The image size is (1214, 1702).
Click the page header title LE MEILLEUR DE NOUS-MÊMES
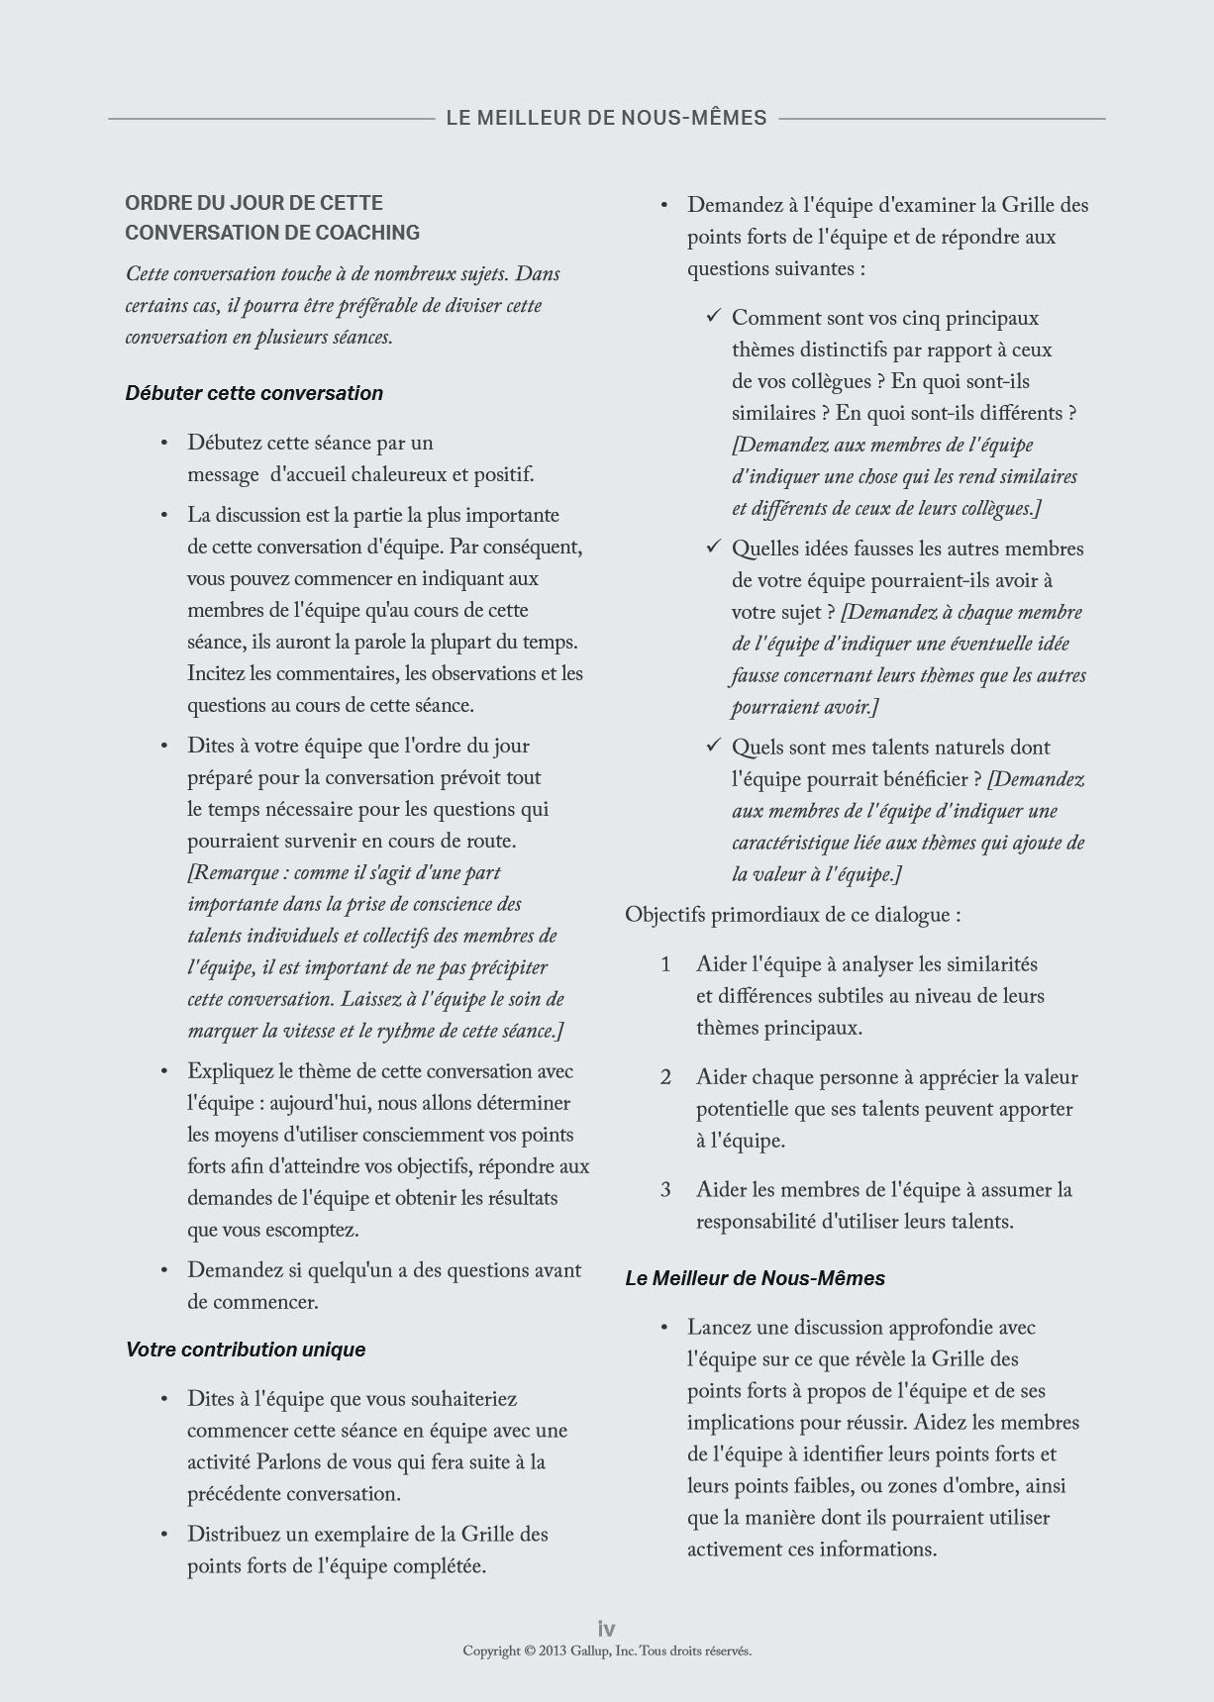pos(606,118)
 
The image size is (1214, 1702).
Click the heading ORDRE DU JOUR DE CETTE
pos(253,203)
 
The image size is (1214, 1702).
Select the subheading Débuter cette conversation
pos(253,393)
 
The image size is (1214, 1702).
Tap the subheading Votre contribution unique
pos(246,1350)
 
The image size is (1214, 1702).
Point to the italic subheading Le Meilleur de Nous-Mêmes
pos(755,1278)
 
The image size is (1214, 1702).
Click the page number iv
pos(606,1629)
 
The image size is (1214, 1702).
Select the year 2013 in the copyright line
pos(553,1651)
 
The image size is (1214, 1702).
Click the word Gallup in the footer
pos(590,1651)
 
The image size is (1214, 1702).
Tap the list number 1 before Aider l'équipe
pos(666,964)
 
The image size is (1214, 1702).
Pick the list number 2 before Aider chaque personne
pos(666,1077)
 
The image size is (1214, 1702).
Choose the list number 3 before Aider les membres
pos(666,1190)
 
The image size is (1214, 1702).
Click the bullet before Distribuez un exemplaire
pos(164,1535)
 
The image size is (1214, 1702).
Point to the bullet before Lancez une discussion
pos(664,1328)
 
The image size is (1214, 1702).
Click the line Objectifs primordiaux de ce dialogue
pos(792,915)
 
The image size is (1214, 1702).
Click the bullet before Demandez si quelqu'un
pos(164,1270)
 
